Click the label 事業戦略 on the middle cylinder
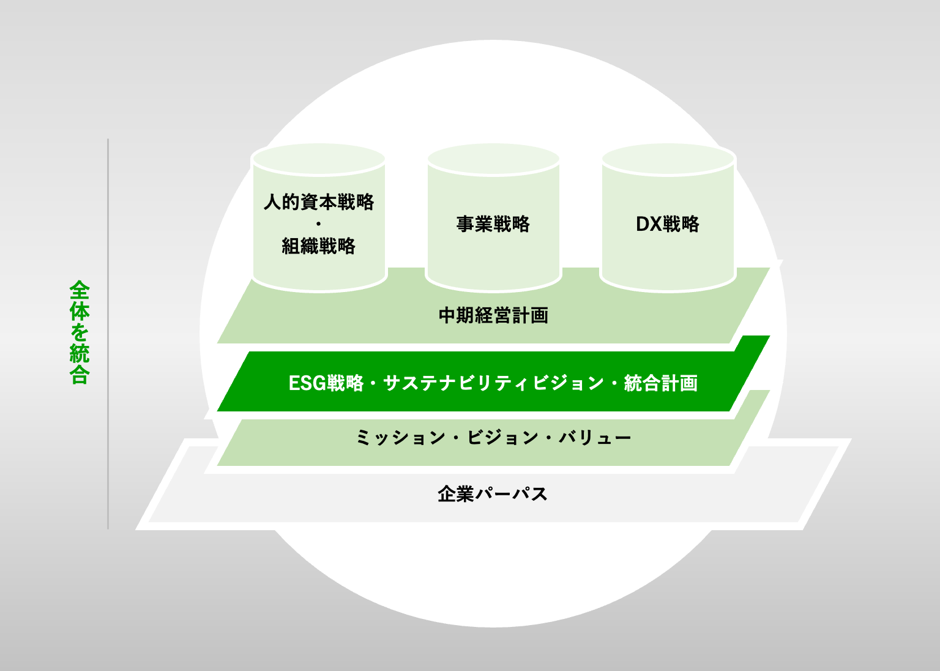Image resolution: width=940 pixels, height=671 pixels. point(493,224)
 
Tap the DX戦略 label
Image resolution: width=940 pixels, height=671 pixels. point(667,224)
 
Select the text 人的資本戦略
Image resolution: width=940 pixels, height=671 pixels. point(318,202)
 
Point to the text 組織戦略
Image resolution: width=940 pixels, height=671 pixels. point(318,246)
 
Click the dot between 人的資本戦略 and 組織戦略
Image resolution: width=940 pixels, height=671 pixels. point(318,224)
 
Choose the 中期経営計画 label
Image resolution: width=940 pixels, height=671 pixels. point(493,315)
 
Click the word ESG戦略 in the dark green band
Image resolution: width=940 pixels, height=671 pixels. point(326,383)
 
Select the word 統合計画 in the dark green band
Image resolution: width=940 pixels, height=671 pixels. point(661,383)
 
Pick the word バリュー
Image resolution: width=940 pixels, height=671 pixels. point(594,438)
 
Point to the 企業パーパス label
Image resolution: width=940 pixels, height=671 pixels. point(493,494)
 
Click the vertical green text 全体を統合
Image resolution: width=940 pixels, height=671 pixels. point(80,332)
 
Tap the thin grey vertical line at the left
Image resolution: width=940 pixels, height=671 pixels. point(108,334)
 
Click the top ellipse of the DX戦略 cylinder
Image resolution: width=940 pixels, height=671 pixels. point(668,159)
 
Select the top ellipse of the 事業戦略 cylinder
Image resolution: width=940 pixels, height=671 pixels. point(493,159)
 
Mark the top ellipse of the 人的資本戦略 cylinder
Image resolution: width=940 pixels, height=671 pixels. point(318,159)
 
